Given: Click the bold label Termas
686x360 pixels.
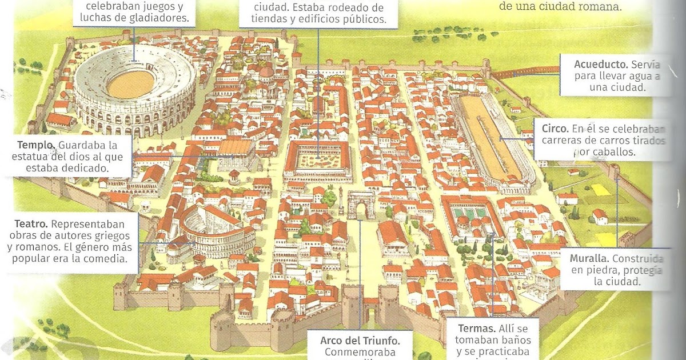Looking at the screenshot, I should point(477,329).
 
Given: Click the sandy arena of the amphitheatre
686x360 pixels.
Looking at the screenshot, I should point(130,84).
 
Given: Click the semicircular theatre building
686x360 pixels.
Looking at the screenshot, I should point(214,231).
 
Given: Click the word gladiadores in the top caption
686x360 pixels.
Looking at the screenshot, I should point(158,18).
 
